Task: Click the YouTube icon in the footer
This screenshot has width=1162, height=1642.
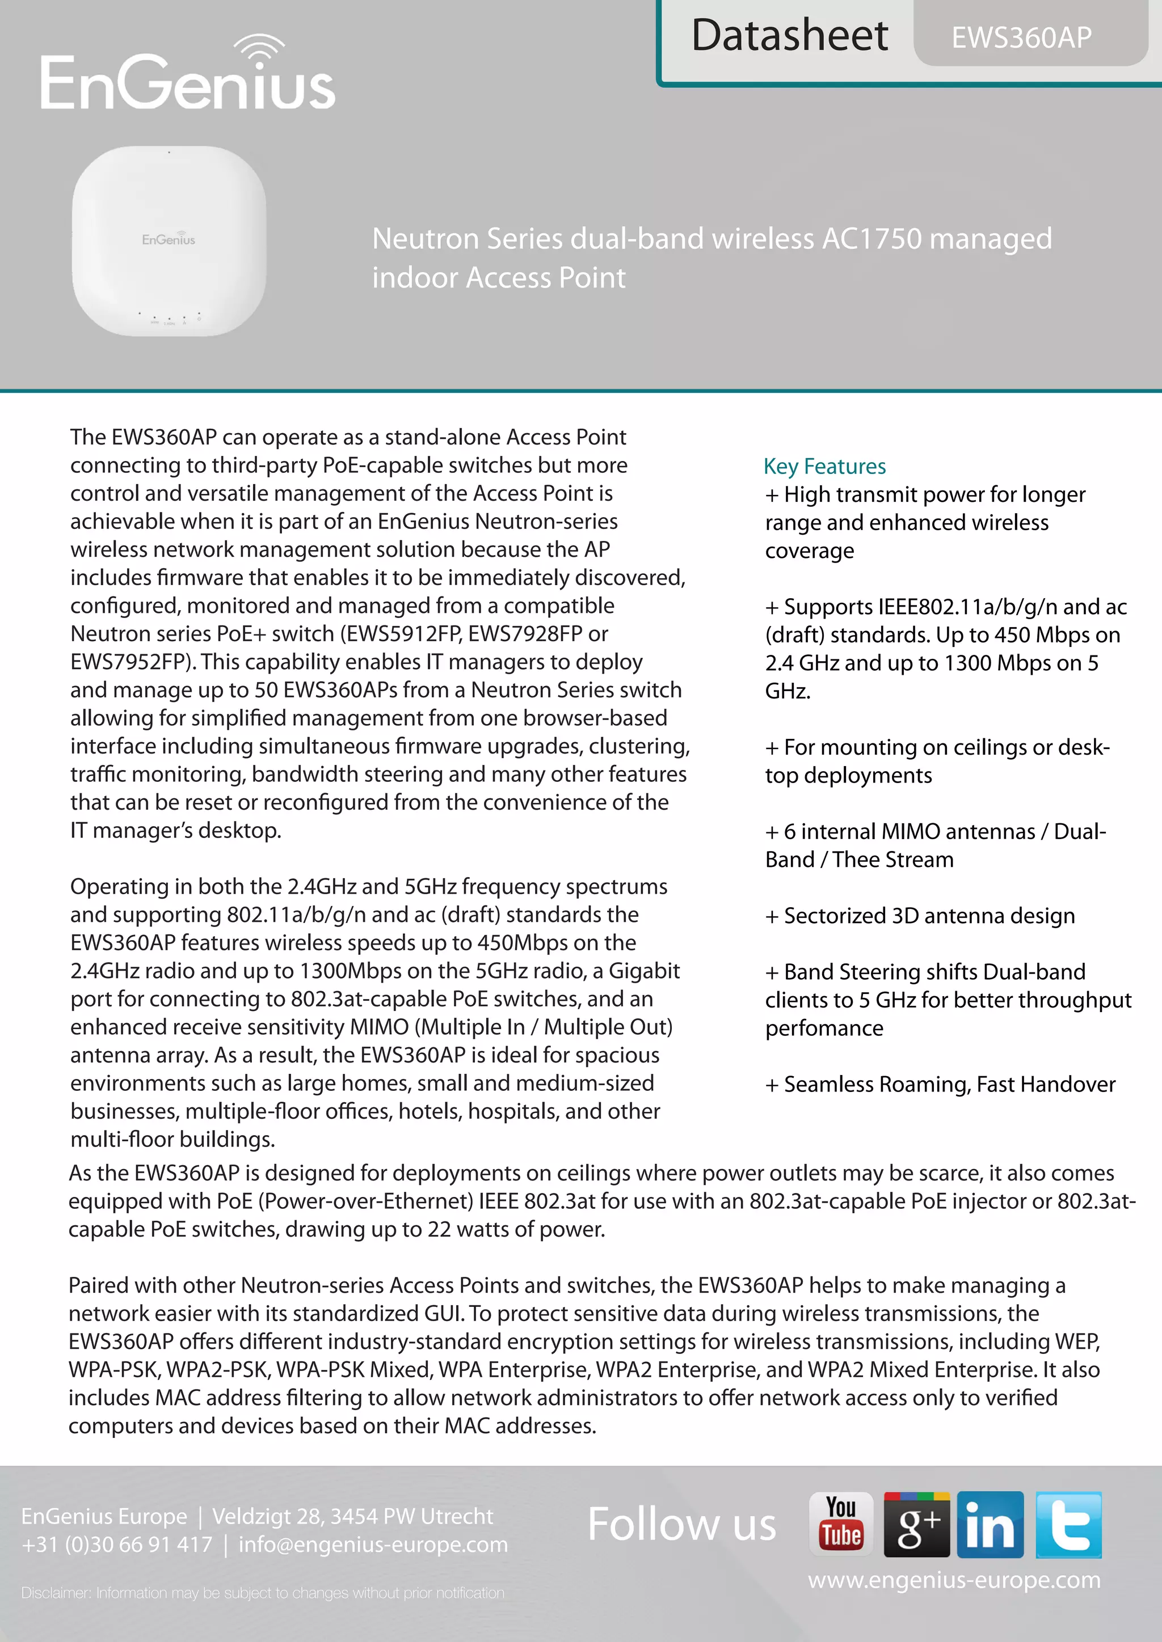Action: pos(841,1524)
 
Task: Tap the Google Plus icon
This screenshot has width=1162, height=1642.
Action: pos(916,1524)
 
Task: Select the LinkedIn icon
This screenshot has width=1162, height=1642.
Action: pos(990,1524)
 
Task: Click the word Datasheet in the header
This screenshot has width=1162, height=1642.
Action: pos(789,36)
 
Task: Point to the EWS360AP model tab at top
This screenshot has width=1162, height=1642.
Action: pos(1021,37)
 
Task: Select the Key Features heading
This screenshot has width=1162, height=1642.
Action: pos(824,466)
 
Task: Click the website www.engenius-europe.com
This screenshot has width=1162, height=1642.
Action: pos(954,1579)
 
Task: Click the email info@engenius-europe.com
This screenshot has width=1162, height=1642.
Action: pos(373,1544)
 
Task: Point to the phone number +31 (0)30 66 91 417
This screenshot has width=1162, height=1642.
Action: pos(117,1544)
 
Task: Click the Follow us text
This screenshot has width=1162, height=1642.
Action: pos(681,1524)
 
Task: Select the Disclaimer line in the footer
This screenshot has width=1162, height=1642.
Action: pos(263,1593)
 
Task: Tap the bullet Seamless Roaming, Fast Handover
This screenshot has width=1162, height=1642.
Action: pos(940,1084)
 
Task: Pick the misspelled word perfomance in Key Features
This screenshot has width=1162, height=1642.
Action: pos(824,1029)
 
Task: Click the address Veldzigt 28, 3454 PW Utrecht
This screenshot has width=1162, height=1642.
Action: pos(352,1516)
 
